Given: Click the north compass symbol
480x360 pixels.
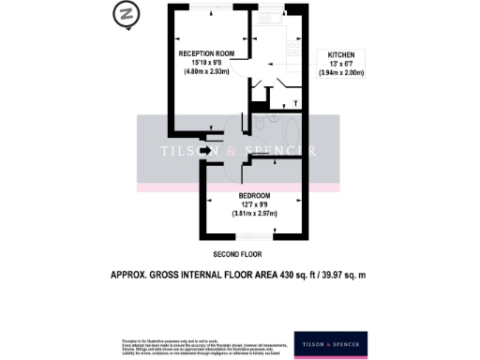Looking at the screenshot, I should [x=124, y=15].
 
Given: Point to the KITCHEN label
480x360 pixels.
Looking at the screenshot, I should [x=341, y=55].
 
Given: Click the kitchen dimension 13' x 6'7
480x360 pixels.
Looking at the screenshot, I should [x=341, y=64].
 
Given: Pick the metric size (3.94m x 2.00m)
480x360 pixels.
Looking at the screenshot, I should [x=341, y=72].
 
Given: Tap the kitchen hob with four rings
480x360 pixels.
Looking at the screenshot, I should [x=296, y=50].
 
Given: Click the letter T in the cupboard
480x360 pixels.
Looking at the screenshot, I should [x=295, y=102].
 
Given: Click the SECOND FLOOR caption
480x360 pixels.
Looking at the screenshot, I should [x=238, y=254].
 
